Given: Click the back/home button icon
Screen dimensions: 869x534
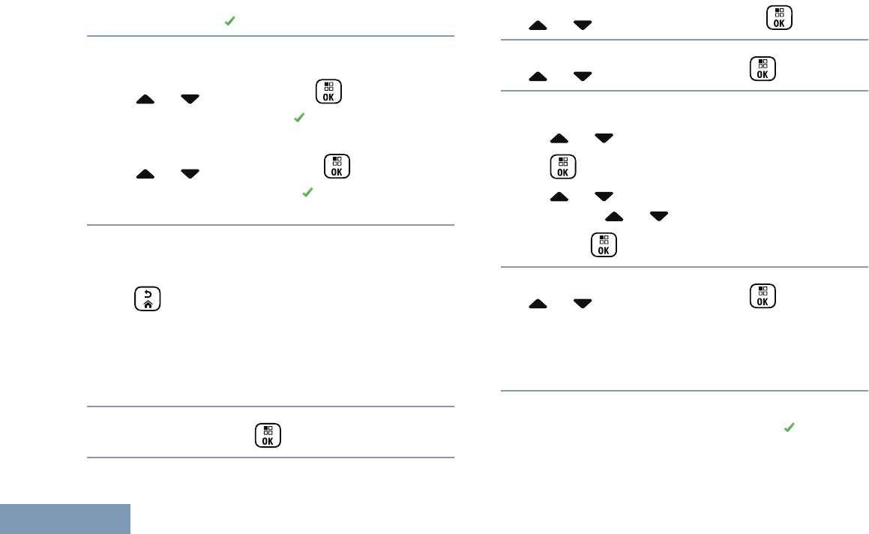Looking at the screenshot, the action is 148,298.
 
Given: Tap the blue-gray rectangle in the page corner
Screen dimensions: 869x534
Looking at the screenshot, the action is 65,519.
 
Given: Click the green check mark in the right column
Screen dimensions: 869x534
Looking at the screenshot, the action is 789,427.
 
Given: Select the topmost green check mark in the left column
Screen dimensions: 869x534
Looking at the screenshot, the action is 230,22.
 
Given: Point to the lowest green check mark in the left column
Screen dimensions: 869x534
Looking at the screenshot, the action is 307,193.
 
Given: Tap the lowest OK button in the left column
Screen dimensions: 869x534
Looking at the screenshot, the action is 268,436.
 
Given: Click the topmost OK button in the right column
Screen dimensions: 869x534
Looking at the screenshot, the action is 780,17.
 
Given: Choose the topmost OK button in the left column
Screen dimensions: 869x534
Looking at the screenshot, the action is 328,91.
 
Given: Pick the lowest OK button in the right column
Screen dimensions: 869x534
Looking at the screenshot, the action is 763,296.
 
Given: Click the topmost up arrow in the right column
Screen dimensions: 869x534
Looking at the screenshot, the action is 538,25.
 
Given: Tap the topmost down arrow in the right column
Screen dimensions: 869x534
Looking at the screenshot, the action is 583,25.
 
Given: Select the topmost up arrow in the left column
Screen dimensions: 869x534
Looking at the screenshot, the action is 145,99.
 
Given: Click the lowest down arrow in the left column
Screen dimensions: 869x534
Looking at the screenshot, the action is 190,174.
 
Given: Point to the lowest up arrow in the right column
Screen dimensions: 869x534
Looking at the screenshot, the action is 538,304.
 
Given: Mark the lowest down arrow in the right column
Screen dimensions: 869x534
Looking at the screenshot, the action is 583,304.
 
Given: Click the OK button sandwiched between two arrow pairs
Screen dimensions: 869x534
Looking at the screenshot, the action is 562,167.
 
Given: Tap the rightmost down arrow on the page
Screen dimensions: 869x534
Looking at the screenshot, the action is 659,217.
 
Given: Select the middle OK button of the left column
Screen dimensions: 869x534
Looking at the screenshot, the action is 337,166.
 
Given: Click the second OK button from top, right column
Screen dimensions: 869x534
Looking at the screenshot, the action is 763,69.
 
